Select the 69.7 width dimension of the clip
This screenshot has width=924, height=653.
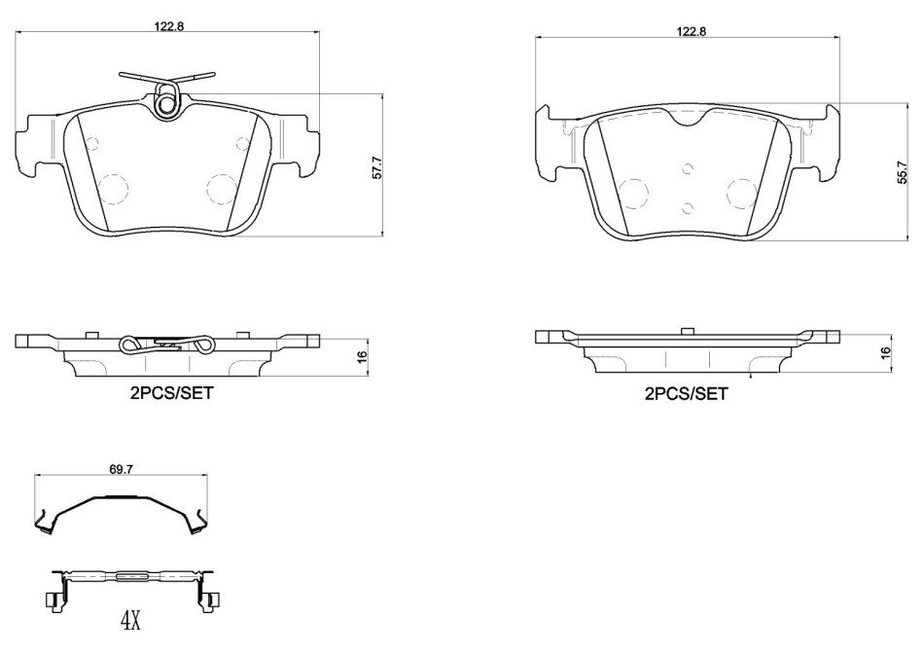tap(120, 469)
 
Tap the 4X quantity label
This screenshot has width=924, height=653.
tap(130, 621)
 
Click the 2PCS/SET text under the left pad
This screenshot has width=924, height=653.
tap(171, 393)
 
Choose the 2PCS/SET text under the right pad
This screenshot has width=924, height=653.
tap(687, 394)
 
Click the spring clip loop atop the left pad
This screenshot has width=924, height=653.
tap(166, 100)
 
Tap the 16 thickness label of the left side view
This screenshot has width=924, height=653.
tap(362, 356)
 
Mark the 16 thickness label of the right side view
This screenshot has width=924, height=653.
tap(885, 352)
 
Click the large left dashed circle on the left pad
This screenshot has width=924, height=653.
tap(113, 189)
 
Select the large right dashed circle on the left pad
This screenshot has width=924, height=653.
tap(222, 189)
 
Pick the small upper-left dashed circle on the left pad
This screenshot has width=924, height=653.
tap(91, 143)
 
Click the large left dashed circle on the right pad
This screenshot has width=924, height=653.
tap(633, 194)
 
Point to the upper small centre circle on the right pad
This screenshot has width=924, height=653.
tap(687, 169)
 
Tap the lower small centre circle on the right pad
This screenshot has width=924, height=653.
tap(687, 207)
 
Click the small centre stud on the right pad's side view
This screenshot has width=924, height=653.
tap(686, 332)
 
